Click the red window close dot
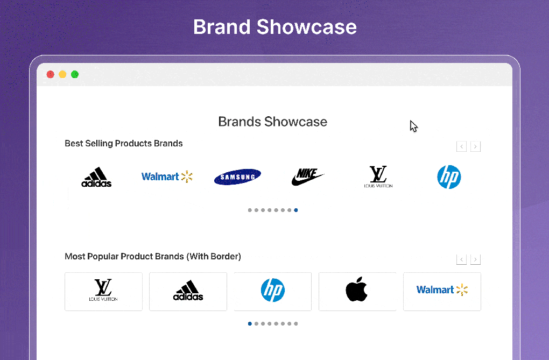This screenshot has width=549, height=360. (51, 74)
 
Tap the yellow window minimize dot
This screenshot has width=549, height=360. (62, 74)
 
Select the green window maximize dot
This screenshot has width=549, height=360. (75, 74)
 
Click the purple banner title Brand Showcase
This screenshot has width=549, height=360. (274, 27)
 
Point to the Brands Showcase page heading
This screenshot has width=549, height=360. (272, 122)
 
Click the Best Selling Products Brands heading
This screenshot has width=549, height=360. (124, 144)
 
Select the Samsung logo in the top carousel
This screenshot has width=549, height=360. (237, 177)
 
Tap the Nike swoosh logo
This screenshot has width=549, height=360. (307, 177)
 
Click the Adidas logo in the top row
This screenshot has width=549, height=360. (96, 177)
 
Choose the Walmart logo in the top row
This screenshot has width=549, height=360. (167, 177)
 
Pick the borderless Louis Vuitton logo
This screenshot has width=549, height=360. (378, 177)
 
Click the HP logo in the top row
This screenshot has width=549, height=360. (449, 177)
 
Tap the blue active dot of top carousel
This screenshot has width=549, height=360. (296, 210)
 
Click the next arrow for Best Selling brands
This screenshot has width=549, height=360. (475, 146)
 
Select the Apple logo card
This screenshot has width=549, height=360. (357, 291)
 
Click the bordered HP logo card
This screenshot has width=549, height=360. (273, 291)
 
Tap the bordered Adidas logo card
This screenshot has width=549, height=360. (188, 291)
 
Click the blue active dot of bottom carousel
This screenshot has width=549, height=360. (250, 324)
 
